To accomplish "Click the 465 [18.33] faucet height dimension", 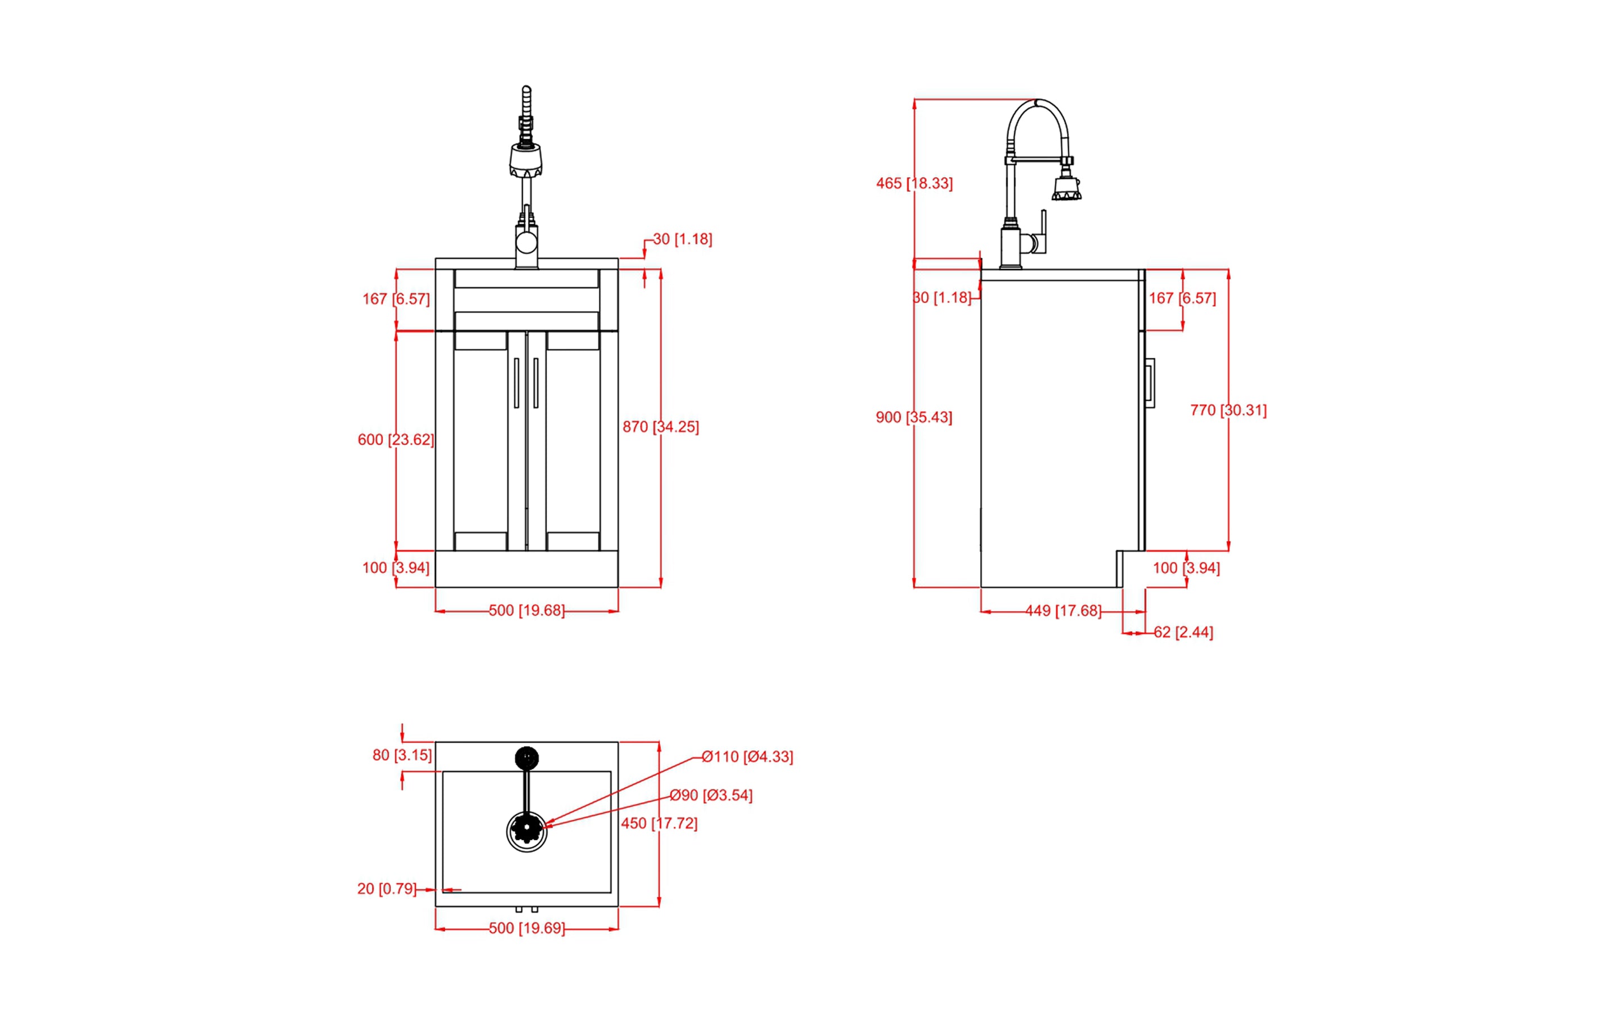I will point(914,183).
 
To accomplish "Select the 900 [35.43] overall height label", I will point(914,417).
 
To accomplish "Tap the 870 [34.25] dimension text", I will point(661,426).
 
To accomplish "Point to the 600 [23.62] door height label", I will point(396,439).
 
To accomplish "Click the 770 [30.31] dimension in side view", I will point(1228,410).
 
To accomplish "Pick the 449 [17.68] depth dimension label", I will point(1063,611).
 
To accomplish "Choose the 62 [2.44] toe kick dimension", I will point(1183,632).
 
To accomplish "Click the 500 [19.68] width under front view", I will point(526,610).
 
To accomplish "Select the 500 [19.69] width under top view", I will point(526,928).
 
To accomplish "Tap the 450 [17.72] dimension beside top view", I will point(659,823).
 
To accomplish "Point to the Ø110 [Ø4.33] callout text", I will point(747,757).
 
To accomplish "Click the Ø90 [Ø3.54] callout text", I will point(710,795).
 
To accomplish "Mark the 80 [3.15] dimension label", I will point(402,755).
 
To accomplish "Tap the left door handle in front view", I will point(516,383).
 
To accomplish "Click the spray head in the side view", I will point(1067,188).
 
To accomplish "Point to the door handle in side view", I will point(1150,383).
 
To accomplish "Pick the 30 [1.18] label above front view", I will point(682,239).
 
